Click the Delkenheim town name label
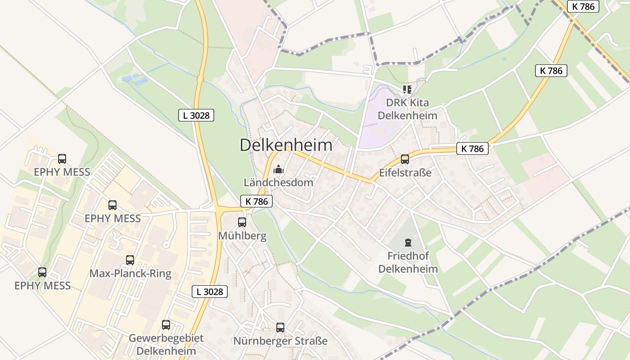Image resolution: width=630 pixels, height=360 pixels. [286, 145]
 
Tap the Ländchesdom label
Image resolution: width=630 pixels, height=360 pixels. [279, 183]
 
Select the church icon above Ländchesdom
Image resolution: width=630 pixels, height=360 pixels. [279, 170]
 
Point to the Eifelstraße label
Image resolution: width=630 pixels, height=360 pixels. [405, 172]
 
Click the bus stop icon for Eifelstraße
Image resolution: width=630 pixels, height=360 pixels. [405, 159]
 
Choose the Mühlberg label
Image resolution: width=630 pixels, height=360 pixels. [242, 235]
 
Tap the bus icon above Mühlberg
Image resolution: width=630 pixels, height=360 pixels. [242, 222]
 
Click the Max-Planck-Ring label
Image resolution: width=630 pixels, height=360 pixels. [130, 274]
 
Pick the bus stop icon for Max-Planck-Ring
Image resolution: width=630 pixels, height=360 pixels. [130, 260]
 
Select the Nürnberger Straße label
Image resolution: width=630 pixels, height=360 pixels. [280, 341]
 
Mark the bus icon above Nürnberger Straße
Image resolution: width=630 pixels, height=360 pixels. [280, 327]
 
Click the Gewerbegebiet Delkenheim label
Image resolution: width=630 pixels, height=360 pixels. [166, 344]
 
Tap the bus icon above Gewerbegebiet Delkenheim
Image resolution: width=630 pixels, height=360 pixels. [166, 324]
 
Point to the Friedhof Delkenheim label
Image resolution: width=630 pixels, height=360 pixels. [408, 262]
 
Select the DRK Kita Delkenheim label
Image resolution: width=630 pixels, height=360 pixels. [407, 109]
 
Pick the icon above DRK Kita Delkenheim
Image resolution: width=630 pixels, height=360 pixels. [407, 89]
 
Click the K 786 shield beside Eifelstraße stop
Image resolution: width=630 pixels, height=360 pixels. [472, 148]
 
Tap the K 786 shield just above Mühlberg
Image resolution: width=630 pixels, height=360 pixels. [256, 201]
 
